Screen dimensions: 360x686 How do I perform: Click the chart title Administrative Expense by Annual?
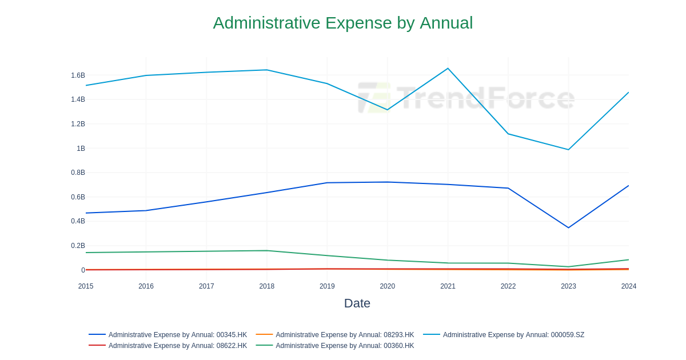pos(342,23)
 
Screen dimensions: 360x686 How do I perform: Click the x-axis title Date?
pos(357,303)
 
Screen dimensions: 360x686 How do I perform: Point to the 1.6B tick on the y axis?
pos(78,75)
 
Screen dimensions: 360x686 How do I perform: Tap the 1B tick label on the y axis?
pos(81,149)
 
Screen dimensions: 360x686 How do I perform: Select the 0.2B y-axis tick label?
pos(78,246)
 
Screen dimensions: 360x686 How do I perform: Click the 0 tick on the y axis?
pos(83,270)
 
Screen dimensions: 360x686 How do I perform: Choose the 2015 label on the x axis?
pos(86,286)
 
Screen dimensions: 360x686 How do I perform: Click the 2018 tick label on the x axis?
pos(266,286)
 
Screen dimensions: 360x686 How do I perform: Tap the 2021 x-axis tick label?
pos(448,286)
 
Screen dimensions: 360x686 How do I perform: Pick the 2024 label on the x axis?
pos(628,286)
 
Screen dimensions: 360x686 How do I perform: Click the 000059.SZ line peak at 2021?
pos(448,69)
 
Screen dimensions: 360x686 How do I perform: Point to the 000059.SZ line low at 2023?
pos(568,150)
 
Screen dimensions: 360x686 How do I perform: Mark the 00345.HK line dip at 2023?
pos(568,227)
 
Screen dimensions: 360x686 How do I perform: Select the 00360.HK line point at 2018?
pos(266,250)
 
